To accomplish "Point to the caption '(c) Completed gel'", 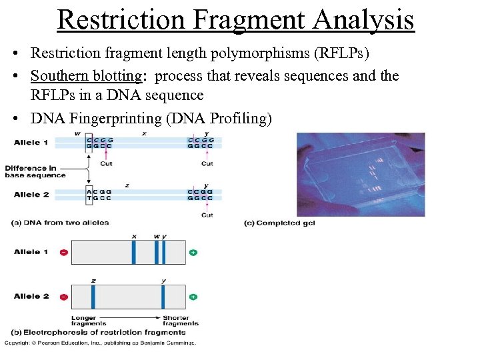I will point(279,223).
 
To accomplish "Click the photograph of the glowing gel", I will point(360,174).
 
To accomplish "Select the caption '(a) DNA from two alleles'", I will point(60,222).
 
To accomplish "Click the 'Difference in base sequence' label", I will point(35,171).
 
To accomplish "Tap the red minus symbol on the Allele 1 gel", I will point(63,253).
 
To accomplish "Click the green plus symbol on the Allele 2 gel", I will point(193,296).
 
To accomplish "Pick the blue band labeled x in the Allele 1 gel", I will point(133,253).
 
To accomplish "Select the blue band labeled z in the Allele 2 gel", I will point(93,296).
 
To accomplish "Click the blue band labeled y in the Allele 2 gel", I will point(163,296).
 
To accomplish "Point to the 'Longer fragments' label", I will point(83,321).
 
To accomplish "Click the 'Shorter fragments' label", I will point(176,321).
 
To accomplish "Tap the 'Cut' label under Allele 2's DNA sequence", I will point(207,215).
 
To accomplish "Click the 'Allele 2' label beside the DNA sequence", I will point(31,194).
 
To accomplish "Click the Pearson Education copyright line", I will point(100,343).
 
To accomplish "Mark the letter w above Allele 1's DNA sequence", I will point(78,133).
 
